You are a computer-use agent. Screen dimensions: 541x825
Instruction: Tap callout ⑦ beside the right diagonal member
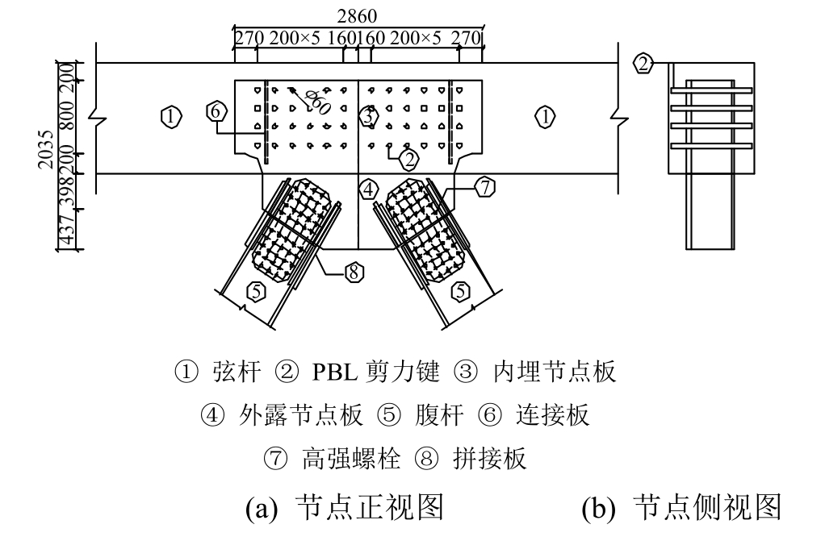484,188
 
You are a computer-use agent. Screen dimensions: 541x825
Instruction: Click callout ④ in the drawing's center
368,190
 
